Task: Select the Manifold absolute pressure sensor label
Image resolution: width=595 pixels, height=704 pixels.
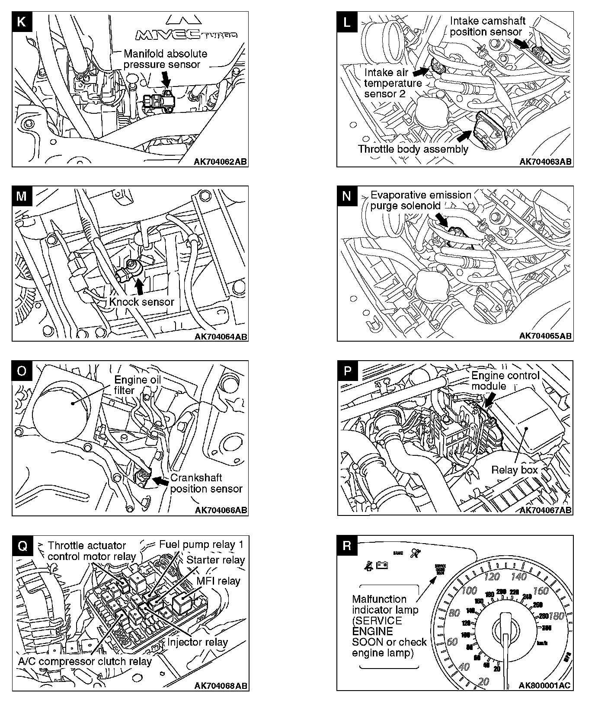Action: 165,59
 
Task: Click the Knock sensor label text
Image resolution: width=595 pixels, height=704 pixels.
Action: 141,301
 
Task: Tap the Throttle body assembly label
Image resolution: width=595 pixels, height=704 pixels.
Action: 413,149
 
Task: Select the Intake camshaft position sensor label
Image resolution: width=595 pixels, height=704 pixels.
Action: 487,26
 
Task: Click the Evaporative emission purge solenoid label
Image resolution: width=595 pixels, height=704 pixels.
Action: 420,200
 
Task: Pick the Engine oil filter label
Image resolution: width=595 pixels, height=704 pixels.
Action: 137,384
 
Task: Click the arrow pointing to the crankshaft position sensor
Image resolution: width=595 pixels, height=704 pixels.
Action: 162,480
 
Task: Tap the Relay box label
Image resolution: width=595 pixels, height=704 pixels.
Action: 514,470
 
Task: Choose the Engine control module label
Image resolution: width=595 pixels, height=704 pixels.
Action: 505,381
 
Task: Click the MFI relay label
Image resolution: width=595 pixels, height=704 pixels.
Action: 218,581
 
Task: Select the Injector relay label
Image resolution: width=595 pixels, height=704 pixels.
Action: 197,642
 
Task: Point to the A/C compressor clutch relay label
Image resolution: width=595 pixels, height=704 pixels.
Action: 85,661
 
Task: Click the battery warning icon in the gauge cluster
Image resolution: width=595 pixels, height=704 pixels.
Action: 382,565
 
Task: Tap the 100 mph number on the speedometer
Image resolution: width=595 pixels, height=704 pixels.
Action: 469,591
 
